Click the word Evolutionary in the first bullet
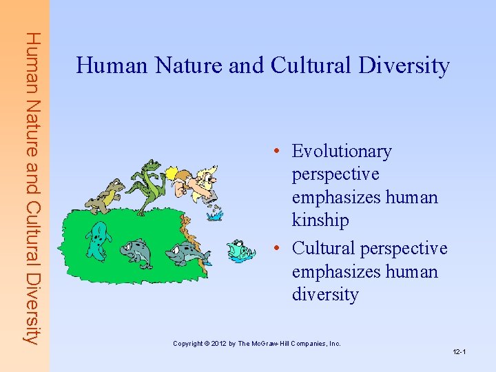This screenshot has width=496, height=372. (342, 151)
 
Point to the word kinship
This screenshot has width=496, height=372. (320, 220)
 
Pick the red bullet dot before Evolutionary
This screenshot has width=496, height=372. (275, 152)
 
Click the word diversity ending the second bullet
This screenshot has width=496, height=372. (325, 295)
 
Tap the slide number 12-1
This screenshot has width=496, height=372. (459, 352)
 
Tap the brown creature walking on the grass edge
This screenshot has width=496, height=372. (106, 196)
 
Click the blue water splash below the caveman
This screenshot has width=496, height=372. (215, 214)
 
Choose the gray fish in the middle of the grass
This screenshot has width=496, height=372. (138, 251)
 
